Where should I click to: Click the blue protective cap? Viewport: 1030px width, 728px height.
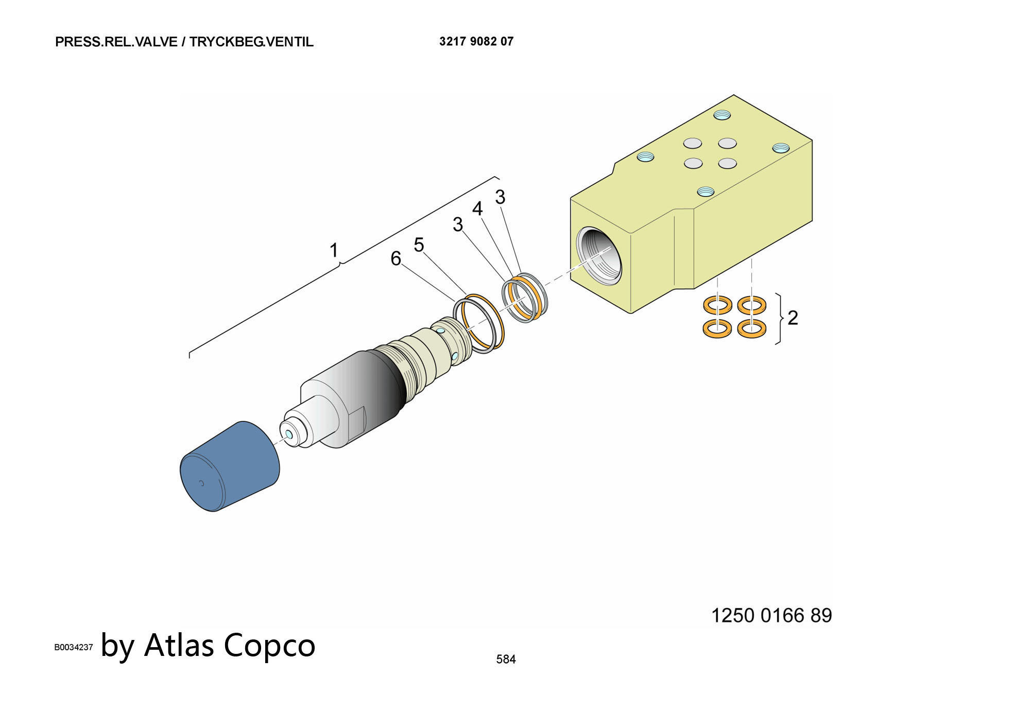click(229, 467)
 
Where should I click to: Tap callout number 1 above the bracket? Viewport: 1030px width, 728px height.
click(334, 250)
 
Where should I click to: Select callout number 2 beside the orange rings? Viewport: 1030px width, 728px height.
click(793, 318)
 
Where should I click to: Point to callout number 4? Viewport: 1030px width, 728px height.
click(477, 209)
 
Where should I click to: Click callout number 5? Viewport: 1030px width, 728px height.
click(419, 245)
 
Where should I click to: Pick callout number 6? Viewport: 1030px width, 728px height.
click(396, 258)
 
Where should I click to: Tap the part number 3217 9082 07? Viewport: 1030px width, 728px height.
click(476, 41)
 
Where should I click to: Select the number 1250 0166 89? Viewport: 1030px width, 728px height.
click(771, 615)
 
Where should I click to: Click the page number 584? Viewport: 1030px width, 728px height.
click(506, 659)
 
